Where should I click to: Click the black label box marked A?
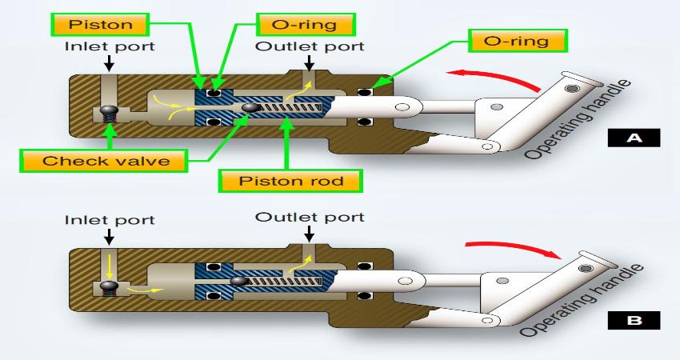(634, 138)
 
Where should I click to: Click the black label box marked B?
(634, 322)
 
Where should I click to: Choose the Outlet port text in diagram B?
(309, 217)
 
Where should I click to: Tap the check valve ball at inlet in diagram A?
(106, 112)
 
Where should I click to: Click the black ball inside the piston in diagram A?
(250, 107)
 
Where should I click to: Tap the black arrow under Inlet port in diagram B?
(110, 238)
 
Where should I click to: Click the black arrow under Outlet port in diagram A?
(310, 63)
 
